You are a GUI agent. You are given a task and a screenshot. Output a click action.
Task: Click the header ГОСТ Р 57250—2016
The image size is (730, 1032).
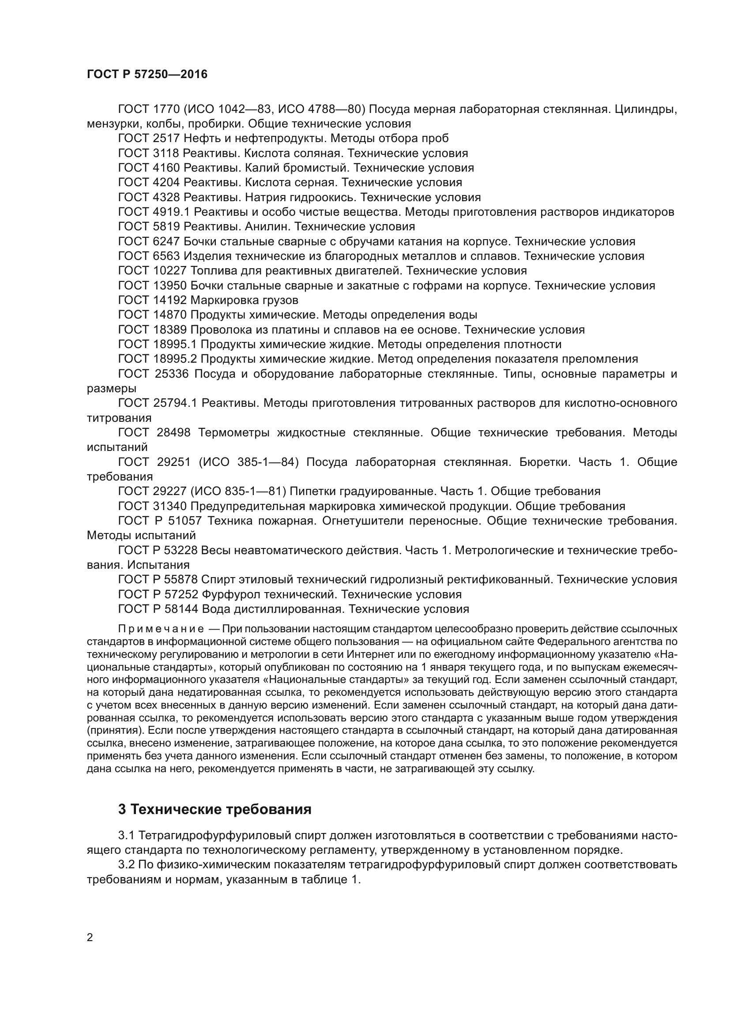click(x=147, y=75)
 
